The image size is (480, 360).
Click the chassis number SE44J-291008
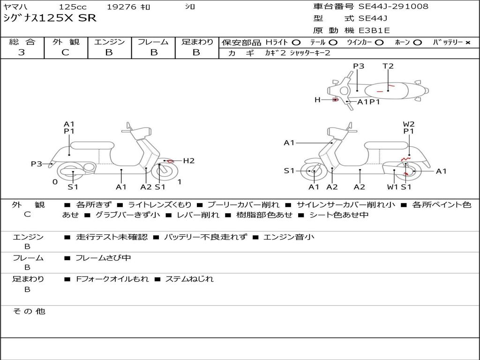click(393, 6)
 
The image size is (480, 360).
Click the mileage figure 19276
click(121, 7)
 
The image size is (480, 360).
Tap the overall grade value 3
click(22, 52)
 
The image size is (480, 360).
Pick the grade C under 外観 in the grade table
click(65, 52)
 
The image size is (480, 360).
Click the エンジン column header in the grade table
click(109, 42)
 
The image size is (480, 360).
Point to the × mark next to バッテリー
click(468, 43)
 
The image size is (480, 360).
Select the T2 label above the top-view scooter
click(388, 66)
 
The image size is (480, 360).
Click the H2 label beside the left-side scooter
click(189, 161)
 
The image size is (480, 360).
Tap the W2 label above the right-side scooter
click(409, 124)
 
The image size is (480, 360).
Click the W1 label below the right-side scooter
click(392, 187)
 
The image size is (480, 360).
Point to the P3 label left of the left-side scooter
click(37, 164)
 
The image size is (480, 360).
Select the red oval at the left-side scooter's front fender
click(170, 161)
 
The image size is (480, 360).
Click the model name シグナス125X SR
click(50, 18)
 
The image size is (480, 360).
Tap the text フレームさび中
click(103, 258)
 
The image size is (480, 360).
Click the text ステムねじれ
click(189, 279)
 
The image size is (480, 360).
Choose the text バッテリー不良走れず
click(205, 237)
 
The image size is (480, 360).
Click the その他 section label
click(29, 311)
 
